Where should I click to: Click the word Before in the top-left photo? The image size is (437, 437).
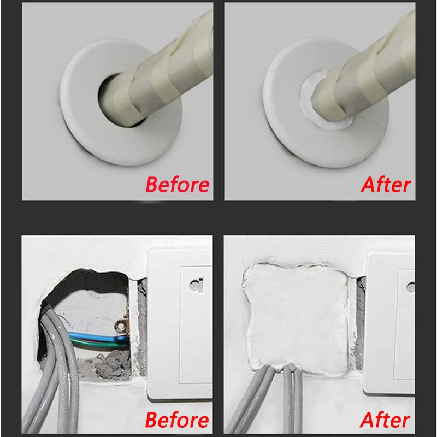[177, 185]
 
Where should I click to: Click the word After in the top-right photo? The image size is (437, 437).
[385, 185]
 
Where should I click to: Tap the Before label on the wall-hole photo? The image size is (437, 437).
[177, 421]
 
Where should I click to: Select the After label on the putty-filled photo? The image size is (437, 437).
[385, 421]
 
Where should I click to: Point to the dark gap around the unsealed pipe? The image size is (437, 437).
[109, 104]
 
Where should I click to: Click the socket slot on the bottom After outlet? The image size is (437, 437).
[411, 286]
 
